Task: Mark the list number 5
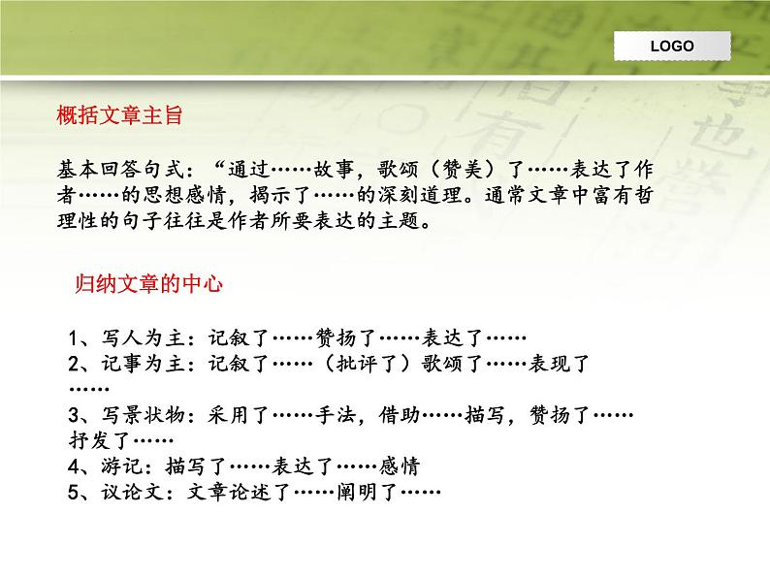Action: coord(76,492)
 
